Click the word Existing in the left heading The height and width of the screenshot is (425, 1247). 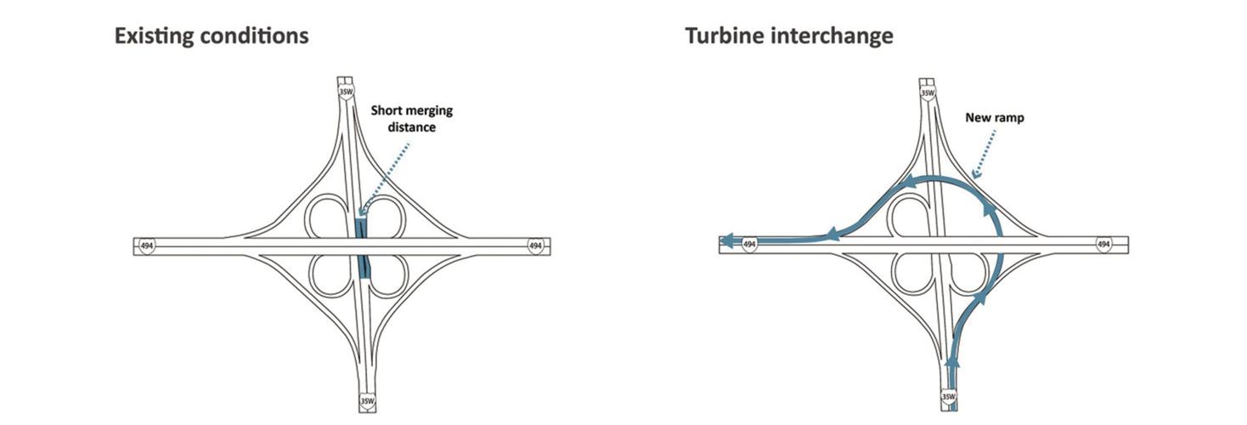point(151,37)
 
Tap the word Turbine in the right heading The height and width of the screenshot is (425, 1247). point(723,37)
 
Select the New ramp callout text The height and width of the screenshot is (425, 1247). point(994,118)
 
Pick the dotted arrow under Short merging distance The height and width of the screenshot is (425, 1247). point(387,175)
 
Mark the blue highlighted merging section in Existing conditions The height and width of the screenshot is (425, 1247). point(362,246)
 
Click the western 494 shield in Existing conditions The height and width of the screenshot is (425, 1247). point(146,246)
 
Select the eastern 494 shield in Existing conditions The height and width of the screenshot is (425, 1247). point(535,246)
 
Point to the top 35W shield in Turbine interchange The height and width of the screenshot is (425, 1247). point(927,91)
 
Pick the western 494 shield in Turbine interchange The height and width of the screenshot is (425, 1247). point(749,245)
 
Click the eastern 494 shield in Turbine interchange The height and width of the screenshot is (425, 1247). point(1103,245)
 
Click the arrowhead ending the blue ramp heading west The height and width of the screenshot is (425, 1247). point(727,241)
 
